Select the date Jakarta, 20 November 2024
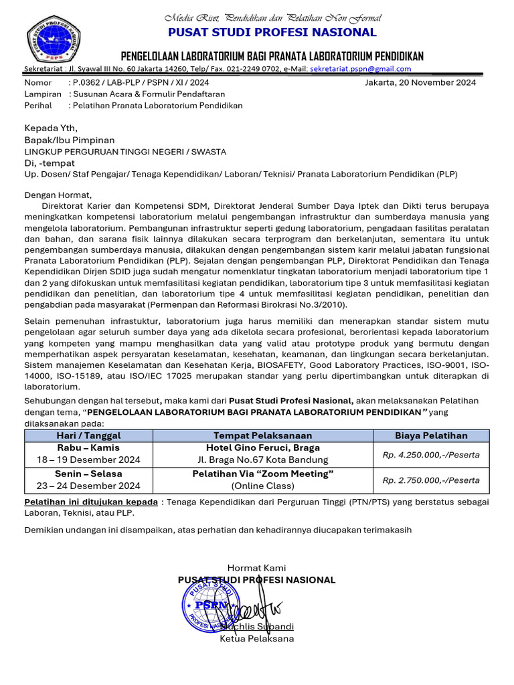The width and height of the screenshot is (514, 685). (x=420, y=82)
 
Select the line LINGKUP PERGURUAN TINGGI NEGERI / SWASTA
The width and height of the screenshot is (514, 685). (x=125, y=151)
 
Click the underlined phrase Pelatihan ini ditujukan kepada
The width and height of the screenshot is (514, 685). (x=91, y=502)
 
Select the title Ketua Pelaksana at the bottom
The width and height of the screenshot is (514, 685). (x=257, y=638)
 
